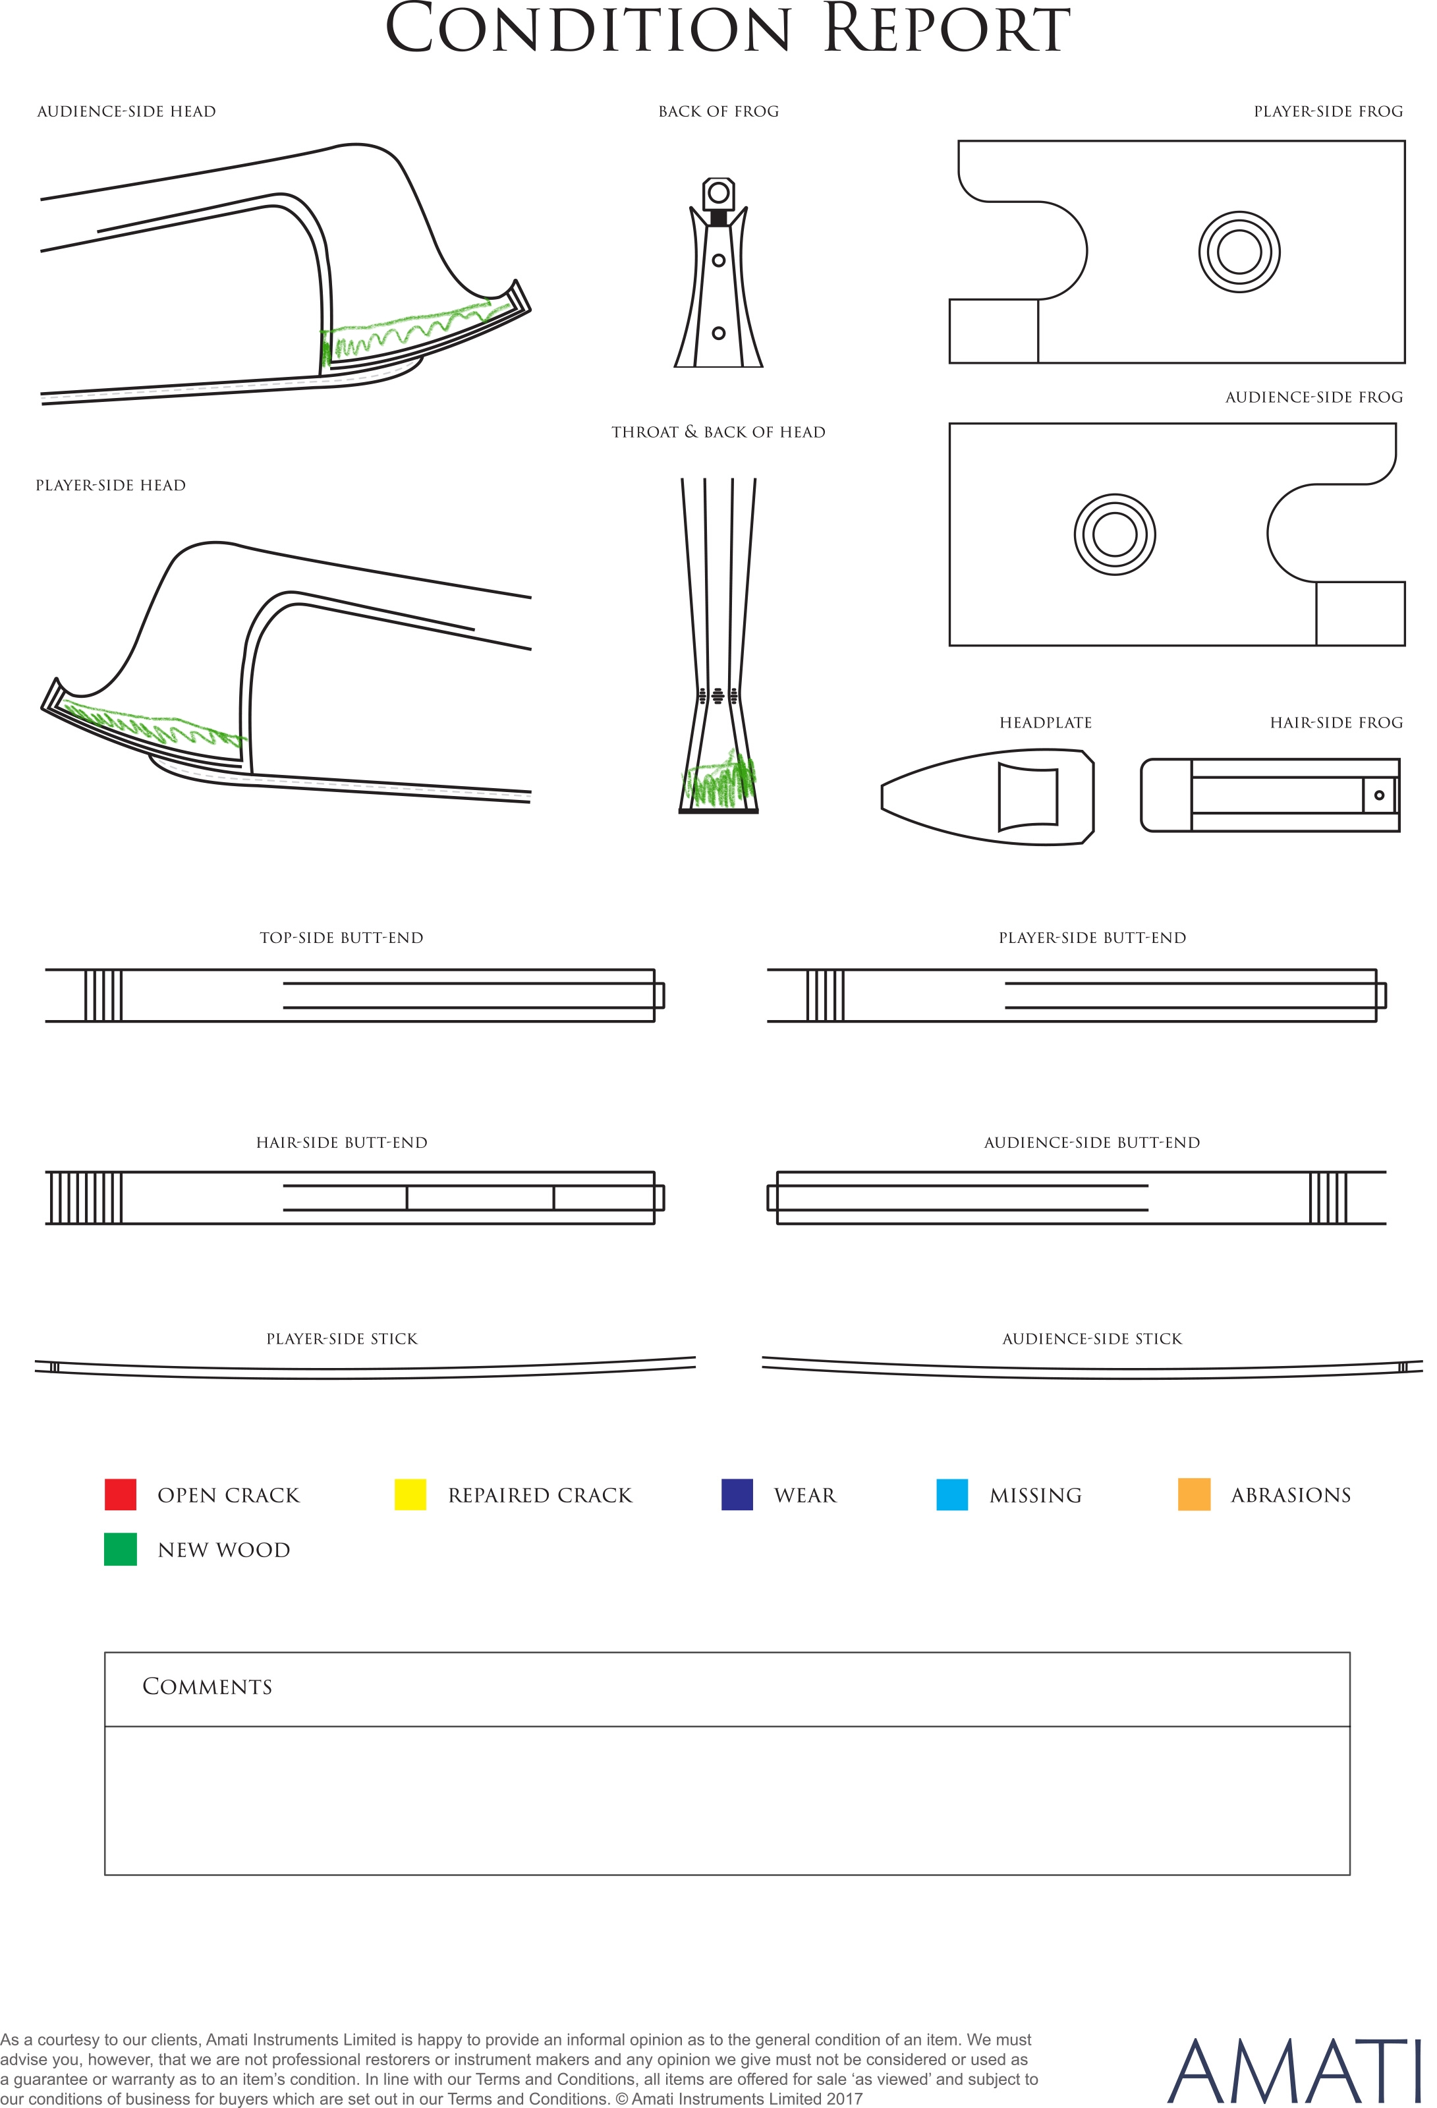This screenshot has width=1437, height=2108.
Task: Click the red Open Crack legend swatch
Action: click(x=120, y=1494)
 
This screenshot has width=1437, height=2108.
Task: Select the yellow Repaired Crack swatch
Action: click(x=410, y=1494)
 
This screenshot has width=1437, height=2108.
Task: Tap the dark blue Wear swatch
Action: click(x=737, y=1494)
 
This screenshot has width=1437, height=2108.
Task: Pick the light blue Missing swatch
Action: click(x=951, y=1494)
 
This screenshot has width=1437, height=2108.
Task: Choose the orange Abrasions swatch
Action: click(x=1194, y=1494)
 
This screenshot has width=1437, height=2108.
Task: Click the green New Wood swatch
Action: click(x=120, y=1549)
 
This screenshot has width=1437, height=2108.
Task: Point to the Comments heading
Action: click(x=207, y=1686)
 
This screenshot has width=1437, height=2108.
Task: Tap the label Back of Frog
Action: click(x=718, y=111)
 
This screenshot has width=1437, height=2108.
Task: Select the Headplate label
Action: click(x=1045, y=723)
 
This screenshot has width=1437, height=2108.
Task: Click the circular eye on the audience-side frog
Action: click(x=1114, y=534)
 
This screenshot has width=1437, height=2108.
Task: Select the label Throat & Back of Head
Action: click(x=718, y=433)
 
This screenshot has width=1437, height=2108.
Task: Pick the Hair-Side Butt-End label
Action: click(x=341, y=1143)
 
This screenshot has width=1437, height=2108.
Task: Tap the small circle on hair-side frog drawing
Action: click(x=1379, y=795)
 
